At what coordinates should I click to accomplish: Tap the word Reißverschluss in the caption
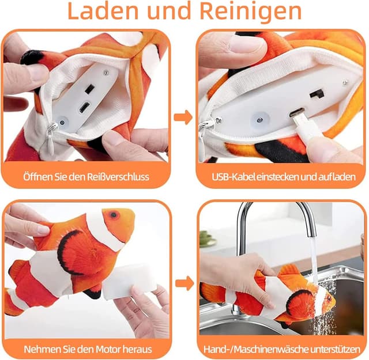(116, 176)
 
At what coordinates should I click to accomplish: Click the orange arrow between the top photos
(183, 118)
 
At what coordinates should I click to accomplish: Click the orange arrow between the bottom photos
(183, 283)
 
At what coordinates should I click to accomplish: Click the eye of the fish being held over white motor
(113, 215)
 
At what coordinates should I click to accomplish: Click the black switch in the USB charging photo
(315, 93)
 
